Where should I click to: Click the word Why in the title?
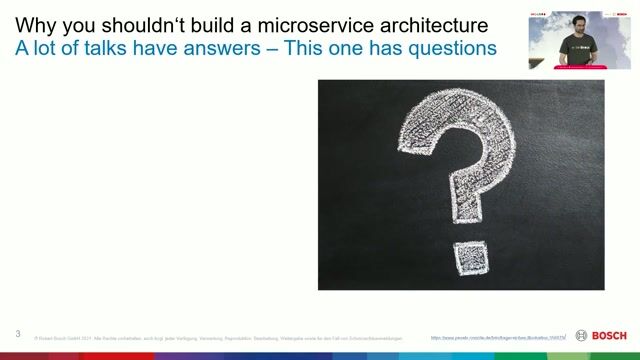pyautogui.click(x=35, y=24)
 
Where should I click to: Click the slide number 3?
pyautogui.click(x=18, y=333)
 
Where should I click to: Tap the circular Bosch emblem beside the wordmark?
pyautogui.click(x=582, y=335)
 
